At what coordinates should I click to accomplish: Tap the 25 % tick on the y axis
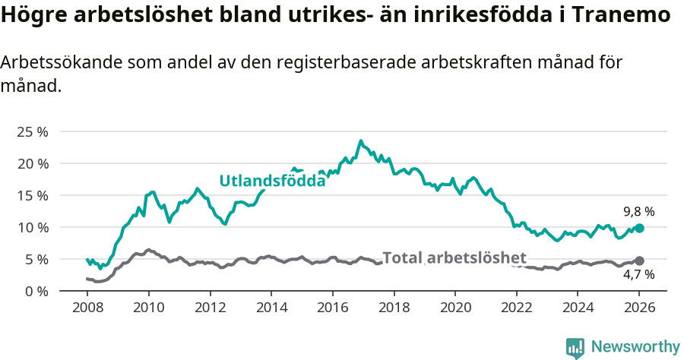32,131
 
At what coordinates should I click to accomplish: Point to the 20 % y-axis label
32,163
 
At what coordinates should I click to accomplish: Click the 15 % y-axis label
32,195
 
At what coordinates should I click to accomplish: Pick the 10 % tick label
32,227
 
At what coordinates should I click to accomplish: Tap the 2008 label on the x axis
87,309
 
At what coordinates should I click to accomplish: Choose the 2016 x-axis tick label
332,309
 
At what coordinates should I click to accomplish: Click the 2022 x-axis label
516,309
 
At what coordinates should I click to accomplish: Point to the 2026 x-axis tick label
639,309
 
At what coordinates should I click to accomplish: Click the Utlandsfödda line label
272,181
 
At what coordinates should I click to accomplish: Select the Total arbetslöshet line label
454,257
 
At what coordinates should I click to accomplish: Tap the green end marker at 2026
639,228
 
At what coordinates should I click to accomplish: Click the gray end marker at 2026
639,261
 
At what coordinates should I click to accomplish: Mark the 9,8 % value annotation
638,212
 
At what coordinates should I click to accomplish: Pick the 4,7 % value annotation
638,275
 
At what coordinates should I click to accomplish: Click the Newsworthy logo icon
575,347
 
